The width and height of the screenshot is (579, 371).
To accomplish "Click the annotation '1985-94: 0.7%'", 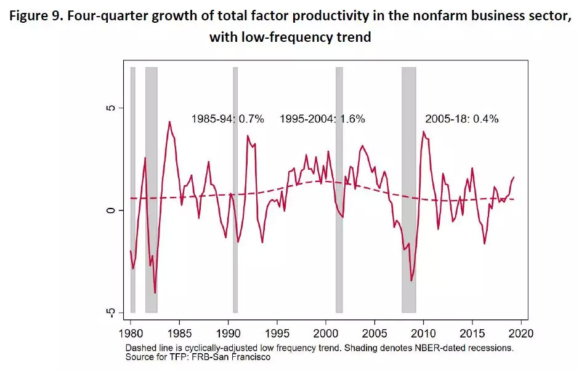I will pos(227,119).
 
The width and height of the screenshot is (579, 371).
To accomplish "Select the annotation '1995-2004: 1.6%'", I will pos(322,119).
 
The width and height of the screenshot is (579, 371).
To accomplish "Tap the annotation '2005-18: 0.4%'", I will pos(461,119).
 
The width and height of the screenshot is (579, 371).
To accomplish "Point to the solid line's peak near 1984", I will pos(169,122).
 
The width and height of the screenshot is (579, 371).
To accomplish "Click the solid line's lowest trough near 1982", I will pos(155,293).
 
